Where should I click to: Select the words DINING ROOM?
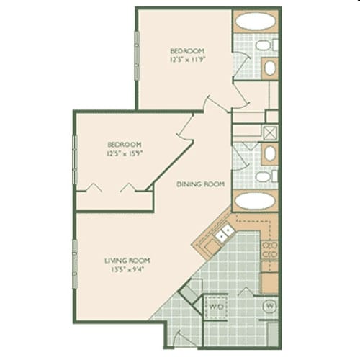click(x=201, y=184)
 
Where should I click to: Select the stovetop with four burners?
click(x=269, y=251)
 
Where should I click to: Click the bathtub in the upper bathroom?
click(x=254, y=20)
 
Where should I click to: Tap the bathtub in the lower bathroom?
click(x=254, y=201)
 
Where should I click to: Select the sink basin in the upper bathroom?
click(x=269, y=68)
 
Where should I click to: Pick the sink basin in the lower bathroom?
click(x=269, y=153)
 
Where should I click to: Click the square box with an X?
click(x=271, y=132)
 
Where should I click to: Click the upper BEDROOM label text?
click(x=187, y=50)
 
